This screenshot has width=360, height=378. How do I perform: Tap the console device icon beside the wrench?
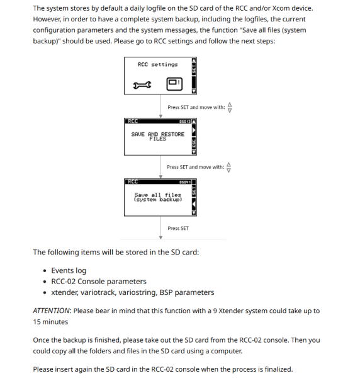(x=174, y=84)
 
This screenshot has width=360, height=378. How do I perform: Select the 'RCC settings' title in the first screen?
(x=157, y=64)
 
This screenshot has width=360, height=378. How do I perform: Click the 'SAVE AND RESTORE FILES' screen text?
(x=157, y=136)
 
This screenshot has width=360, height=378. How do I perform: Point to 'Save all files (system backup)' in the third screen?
(x=157, y=197)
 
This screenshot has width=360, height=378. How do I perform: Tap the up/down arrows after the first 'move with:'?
(x=230, y=107)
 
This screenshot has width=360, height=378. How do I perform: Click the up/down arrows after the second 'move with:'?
(x=229, y=167)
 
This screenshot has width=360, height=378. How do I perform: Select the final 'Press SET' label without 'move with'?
(x=177, y=228)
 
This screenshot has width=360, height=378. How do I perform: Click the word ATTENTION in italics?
(x=52, y=311)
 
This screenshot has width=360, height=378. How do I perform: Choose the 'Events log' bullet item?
(x=69, y=270)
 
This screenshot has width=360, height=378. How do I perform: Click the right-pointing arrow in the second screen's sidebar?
(x=194, y=130)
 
